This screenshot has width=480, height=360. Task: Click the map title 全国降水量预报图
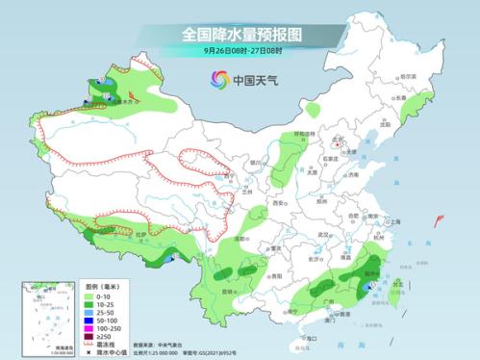pos(240,34)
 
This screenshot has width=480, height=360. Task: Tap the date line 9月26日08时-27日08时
pos(240,51)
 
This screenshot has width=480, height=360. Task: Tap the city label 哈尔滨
pos(409,77)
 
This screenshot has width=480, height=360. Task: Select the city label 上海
pos(392,220)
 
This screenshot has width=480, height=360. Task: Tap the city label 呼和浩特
pos(277,135)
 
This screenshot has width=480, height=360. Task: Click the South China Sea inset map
pos(45,314)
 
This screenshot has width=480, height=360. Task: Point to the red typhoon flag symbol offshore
pos(440,223)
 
